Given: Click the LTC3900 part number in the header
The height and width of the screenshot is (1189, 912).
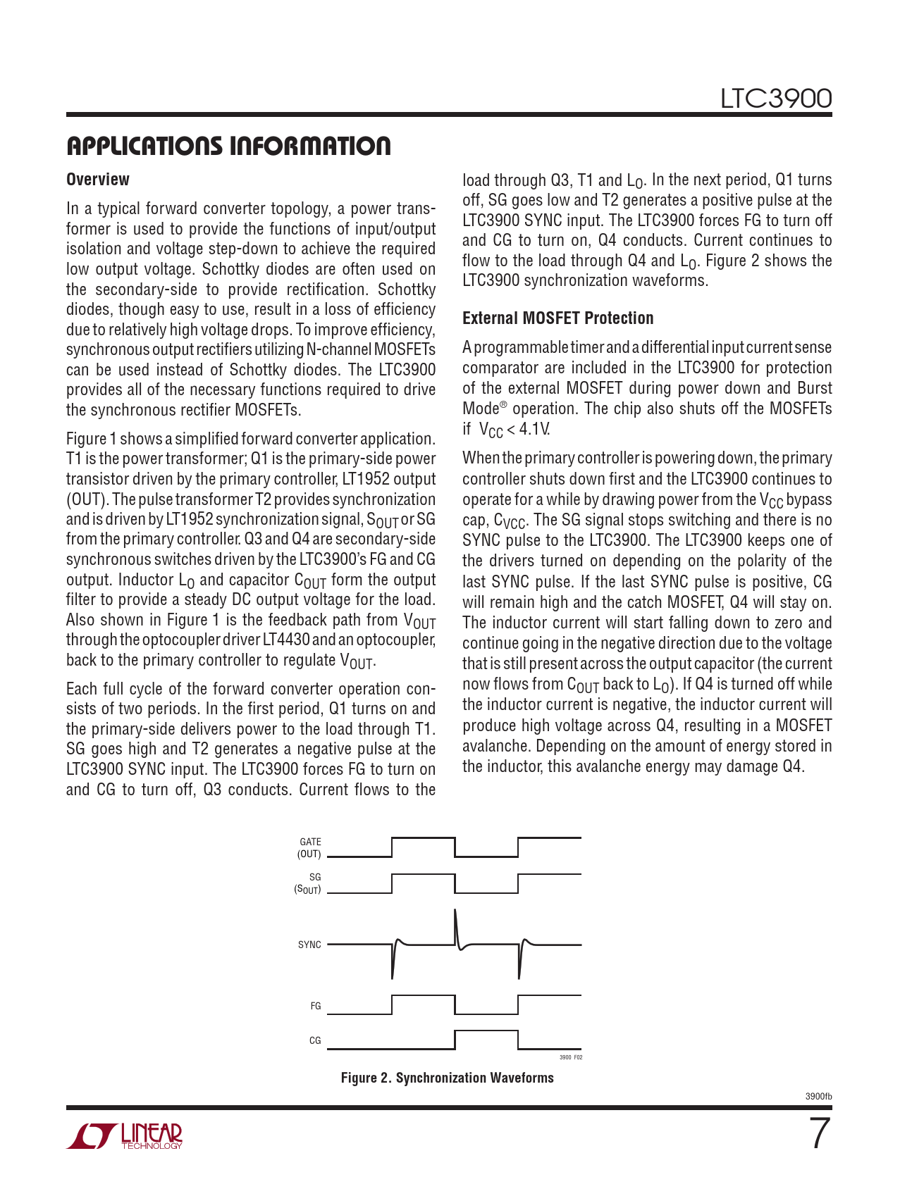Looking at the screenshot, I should click(x=775, y=99).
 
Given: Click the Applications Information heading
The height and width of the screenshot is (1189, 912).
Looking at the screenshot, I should click(x=228, y=146).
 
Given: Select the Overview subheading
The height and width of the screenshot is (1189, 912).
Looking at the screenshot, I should click(x=98, y=180).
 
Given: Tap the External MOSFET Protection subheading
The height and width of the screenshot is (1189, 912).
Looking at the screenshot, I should click(x=557, y=318).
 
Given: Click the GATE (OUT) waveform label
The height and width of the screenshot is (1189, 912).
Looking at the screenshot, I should click(x=309, y=848).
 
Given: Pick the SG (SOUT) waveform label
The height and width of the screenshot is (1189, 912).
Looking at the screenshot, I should click(x=308, y=883).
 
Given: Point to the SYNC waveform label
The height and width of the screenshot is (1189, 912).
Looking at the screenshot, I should click(x=309, y=945).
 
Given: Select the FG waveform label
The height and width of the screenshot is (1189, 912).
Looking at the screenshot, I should click(x=315, y=1007).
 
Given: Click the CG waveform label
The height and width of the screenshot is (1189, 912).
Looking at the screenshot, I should click(x=315, y=1040).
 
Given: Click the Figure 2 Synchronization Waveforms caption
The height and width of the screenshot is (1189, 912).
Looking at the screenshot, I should click(x=447, y=1078).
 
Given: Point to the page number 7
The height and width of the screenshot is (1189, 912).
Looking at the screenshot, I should click(x=819, y=1135).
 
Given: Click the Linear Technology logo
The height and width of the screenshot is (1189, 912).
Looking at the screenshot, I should click(x=125, y=1135).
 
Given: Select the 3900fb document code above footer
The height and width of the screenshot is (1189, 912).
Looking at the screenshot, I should click(x=818, y=1097).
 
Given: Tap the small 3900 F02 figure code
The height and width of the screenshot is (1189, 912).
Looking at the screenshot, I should click(x=571, y=1057).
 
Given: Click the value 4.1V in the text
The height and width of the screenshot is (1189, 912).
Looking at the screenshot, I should click(x=534, y=429).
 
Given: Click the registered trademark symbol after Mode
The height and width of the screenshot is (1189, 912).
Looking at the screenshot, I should click(x=503, y=405).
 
